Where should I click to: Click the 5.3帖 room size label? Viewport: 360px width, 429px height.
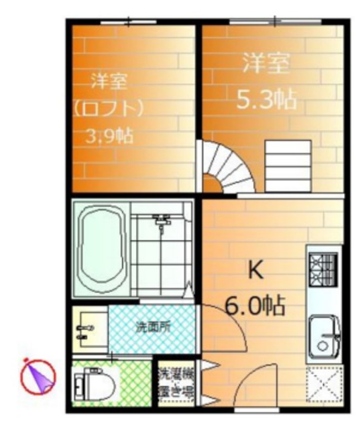click(x=266, y=101)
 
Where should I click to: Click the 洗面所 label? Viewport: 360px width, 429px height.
click(x=154, y=328)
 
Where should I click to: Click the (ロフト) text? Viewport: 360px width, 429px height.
click(x=109, y=108)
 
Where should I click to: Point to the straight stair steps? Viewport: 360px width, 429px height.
click(x=288, y=164)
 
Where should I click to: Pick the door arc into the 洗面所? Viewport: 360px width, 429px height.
click(x=215, y=315)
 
